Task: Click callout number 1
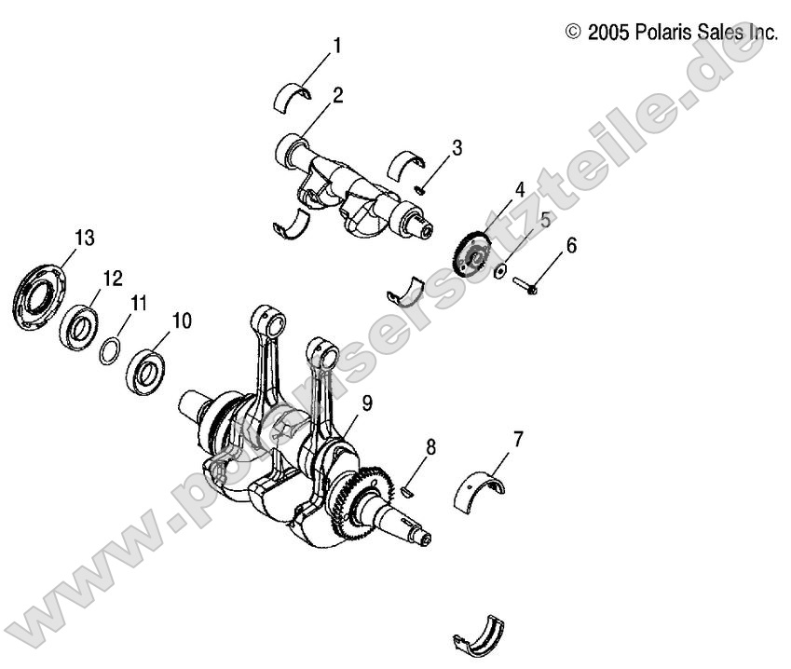(x=337, y=44)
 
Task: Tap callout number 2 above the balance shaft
(x=337, y=94)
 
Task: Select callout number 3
(x=457, y=147)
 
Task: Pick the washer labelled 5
(x=501, y=270)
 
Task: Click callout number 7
(x=518, y=437)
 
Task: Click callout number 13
(x=84, y=239)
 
